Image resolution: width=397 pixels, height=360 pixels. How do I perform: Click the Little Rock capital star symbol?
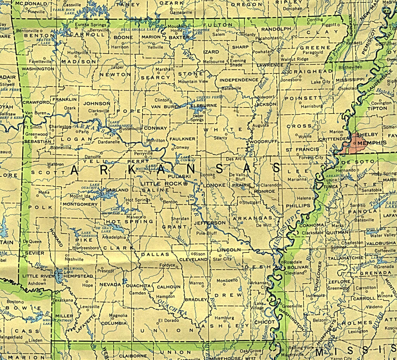pyautogui.click(x=185, y=183)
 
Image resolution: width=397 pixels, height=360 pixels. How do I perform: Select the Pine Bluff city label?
pyautogui.click(x=207, y=233)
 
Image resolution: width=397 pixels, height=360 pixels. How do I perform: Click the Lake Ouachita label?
pyautogui.click(x=95, y=187)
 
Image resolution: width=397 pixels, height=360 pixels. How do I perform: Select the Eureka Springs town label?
pyautogui.click(x=91, y=25)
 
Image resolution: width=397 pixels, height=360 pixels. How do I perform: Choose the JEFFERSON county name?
pyautogui.click(x=210, y=223)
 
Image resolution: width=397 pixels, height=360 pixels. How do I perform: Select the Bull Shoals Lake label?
pyautogui.click(x=135, y=30)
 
